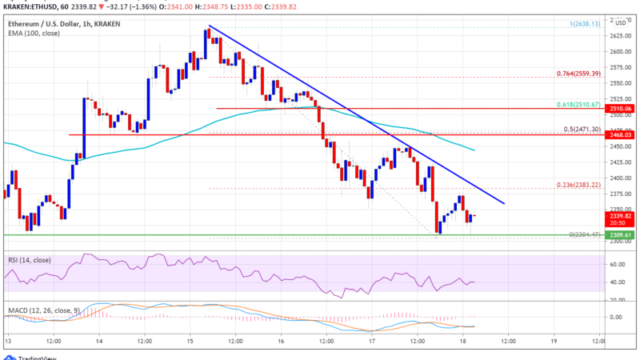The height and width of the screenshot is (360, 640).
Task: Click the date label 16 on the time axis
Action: click(x=282, y=342)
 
